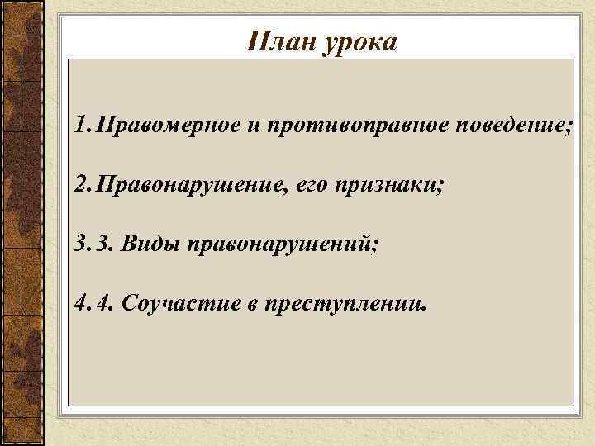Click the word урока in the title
(x=360, y=41)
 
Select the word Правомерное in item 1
(x=169, y=127)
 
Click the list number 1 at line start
(x=79, y=128)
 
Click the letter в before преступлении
(x=250, y=305)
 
